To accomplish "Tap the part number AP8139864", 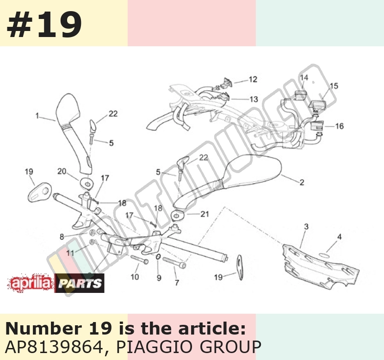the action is [x=54, y=347].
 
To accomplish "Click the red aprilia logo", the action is [x=31, y=283].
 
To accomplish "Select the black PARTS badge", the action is [x=80, y=283].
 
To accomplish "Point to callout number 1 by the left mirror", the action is [x=37, y=115].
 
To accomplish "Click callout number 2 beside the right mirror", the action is [x=302, y=182].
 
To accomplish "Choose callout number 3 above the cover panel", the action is [x=306, y=227].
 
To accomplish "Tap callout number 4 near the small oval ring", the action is [x=339, y=237].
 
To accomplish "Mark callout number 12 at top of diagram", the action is [x=253, y=79].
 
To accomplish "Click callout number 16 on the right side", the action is [x=340, y=126].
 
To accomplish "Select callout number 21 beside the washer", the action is [x=205, y=214].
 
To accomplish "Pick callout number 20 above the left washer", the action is [x=62, y=171].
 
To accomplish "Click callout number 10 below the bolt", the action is [x=135, y=277].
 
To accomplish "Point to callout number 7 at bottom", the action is [x=177, y=283].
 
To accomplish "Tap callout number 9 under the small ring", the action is [x=159, y=278].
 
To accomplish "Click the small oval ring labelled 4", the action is [x=325, y=255].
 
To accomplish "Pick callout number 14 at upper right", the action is [x=304, y=78].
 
